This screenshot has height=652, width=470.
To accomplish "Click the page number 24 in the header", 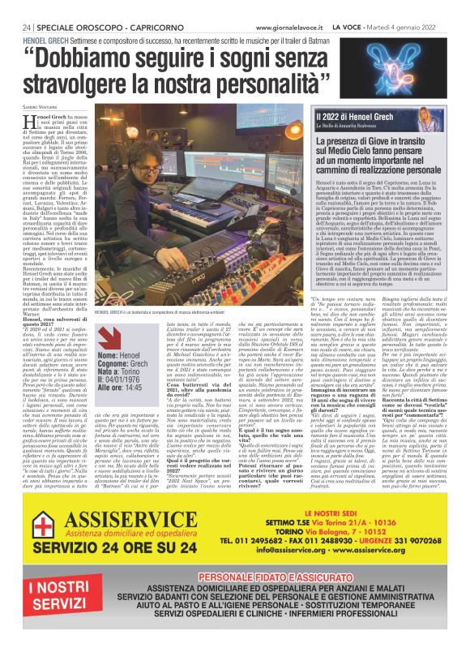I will pos(27,6).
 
